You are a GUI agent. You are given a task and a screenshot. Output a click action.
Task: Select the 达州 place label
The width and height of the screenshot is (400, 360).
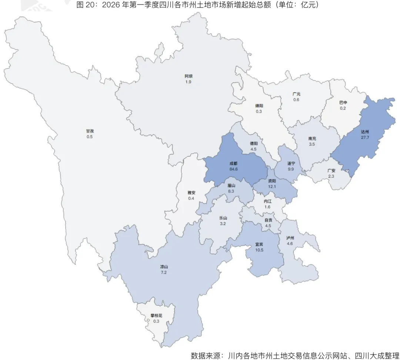(x=365, y=131)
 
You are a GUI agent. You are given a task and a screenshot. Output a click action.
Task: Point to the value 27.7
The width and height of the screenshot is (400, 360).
(x=365, y=137)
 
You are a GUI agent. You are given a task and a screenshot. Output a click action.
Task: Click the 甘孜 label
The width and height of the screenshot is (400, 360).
(x=90, y=131)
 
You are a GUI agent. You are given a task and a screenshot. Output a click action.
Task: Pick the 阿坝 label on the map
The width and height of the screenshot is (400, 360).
(x=189, y=76)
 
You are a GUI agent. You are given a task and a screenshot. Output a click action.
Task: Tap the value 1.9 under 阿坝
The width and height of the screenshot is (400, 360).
(x=189, y=82)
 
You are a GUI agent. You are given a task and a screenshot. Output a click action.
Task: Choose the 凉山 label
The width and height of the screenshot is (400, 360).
(x=164, y=267)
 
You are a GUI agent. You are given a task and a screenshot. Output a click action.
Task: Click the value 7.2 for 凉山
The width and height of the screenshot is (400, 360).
(x=164, y=273)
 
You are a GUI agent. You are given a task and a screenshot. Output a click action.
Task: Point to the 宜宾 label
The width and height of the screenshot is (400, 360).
(x=259, y=244)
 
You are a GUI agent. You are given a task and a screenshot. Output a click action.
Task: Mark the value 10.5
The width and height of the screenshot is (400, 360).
(x=259, y=250)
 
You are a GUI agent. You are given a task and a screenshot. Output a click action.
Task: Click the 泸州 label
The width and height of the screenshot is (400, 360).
(x=290, y=237)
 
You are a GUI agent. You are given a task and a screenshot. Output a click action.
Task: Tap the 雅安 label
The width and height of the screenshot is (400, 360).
(x=191, y=193)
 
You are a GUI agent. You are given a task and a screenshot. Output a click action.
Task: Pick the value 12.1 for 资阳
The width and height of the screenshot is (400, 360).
(x=272, y=187)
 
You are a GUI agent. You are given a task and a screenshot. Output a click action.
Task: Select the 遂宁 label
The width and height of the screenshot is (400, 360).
(x=291, y=163)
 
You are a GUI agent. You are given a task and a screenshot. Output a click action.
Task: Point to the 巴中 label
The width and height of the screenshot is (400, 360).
(x=343, y=102)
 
